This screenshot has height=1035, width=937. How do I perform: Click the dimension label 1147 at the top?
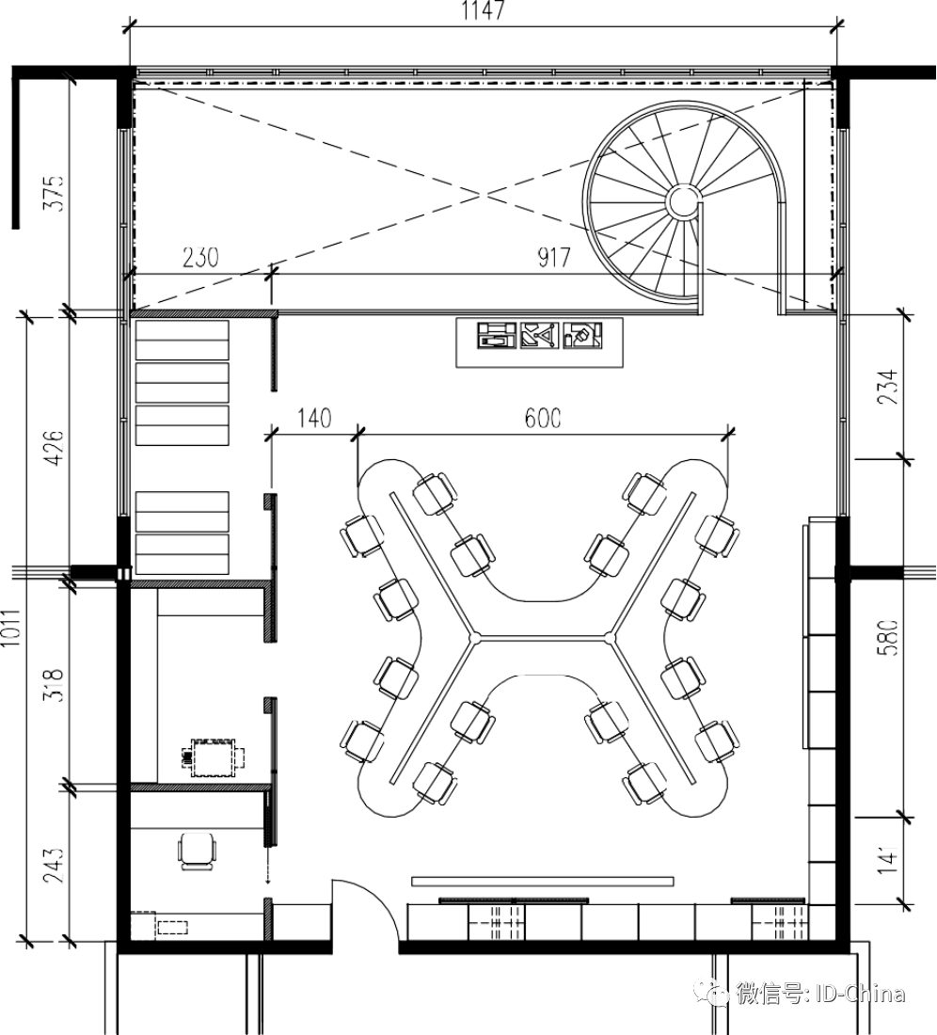click(484, 11)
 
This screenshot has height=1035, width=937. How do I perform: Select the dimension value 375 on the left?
click(53, 192)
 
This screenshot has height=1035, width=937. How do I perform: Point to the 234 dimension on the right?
click(886, 386)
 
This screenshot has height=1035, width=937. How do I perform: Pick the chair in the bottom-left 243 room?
click(198, 851)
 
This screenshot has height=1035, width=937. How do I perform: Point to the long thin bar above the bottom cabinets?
click(543, 882)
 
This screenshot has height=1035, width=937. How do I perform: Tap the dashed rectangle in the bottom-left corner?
click(172, 927)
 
